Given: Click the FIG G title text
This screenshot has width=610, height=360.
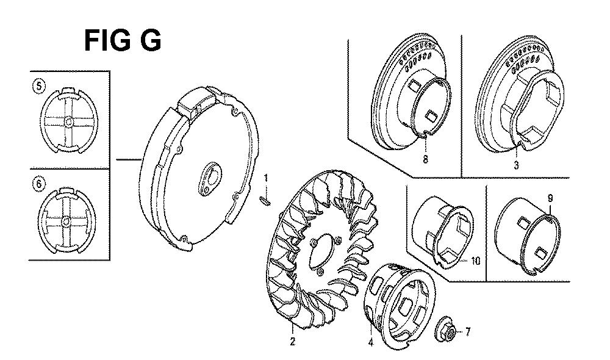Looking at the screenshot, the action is pyautogui.click(x=123, y=41).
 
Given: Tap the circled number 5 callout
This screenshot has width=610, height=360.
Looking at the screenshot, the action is pyautogui.click(x=39, y=86).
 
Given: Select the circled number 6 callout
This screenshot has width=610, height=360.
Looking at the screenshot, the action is pyautogui.click(x=38, y=183).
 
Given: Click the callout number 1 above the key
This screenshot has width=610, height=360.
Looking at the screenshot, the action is pyautogui.click(x=266, y=179).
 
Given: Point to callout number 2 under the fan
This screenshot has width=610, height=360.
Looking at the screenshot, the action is pyautogui.click(x=292, y=342).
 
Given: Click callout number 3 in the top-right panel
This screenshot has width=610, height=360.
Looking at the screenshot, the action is pyautogui.click(x=516, y=165).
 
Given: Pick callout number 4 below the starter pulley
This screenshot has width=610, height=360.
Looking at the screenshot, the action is pyautogui.click(x=370, y=342).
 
